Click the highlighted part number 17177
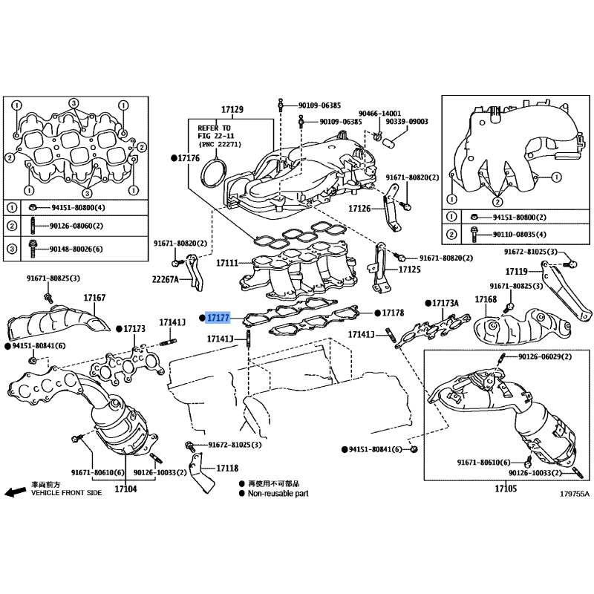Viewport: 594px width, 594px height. [219, 318]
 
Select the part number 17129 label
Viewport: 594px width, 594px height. [232, 110]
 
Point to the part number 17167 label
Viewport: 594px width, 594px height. [94, 298]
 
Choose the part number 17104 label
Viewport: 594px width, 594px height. [125, 489]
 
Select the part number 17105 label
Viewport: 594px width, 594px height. [505, 489]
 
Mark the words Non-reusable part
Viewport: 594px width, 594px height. [278, 493]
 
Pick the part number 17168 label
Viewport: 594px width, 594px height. [486, 299]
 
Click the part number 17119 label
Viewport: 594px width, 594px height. [517, 271]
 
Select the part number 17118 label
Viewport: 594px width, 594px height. [227, 469]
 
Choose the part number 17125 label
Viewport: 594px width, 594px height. [410, 269]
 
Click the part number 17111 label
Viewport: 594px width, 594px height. [227, 264]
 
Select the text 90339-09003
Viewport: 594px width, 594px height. [407, 121]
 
